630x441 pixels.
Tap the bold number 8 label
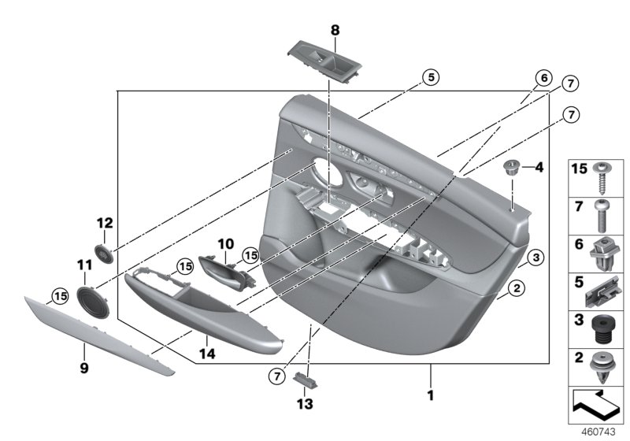335,30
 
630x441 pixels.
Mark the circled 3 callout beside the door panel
533,257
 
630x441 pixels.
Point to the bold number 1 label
430,393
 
